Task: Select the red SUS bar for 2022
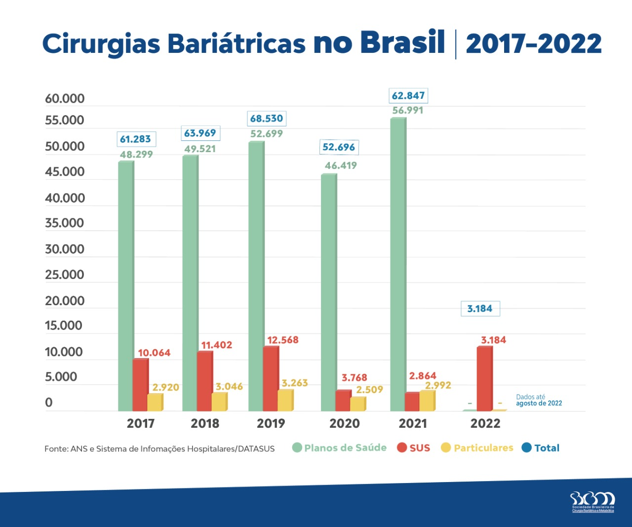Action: pyautogui.click(x=484, y=379)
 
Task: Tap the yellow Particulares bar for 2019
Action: pyautogui.click(x=285, y=400)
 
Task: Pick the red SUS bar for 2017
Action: pyautogui.click(x=140, y=385)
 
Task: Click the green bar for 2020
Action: pyautogui.click(x=329, y=292)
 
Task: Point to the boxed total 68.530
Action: pyautogui.click(x=267, y=119)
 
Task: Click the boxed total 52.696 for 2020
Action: pyautogui.click(x=339, y=147)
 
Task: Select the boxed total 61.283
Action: pyautogui.click(x=136, y=139)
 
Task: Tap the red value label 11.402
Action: pyautogui.click(x=217, y=345)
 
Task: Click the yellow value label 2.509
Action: pyautogui.click(x=370, y=390)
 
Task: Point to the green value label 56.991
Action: pyautogui.click(x=408, y=110)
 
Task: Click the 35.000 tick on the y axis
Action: pyautogui.click(x=65, y=223)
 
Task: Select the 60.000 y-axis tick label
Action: pyautogui.click(x=65, y=99)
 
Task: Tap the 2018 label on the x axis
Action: pyautogui.click(x=205, y=423)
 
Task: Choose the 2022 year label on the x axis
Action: pyautogui.click(x=485, y=423)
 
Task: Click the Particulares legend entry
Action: pyautogui.click(x=477, y=447)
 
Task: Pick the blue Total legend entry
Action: pyautogui.click(x=541, y=447)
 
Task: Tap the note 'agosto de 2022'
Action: pyautogui.click(x=539, y=404)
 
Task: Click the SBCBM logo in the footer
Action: pyautogui.click(x=592, y=502)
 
